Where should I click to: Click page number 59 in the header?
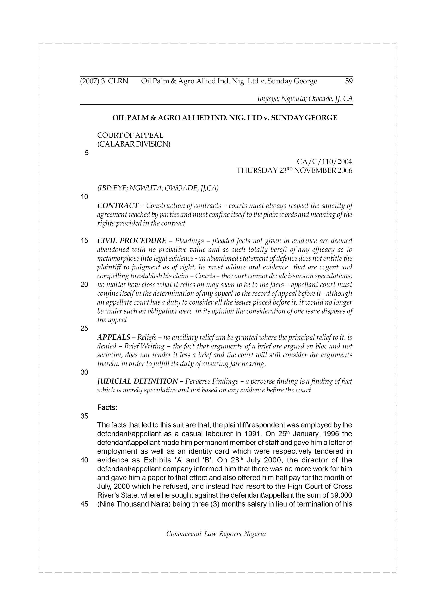[x=349, y=81]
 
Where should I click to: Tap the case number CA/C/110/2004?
[x=324, y=162]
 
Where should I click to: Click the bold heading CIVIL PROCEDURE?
[x=132, y=241]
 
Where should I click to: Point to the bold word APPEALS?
[x=114, y=337]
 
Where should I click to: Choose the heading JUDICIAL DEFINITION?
[x=137, y=381]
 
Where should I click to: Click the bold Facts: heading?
[x=107, y=408]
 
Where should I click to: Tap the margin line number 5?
[x=86, y=153]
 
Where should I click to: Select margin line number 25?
[x=84, y=328]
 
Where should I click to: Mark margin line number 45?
[x=84, y=504]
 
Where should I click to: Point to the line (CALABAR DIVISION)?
[x=133, y=144]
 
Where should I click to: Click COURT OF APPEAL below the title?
[x=130, y=135]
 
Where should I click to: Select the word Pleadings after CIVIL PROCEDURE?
[x=189, y=241]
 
